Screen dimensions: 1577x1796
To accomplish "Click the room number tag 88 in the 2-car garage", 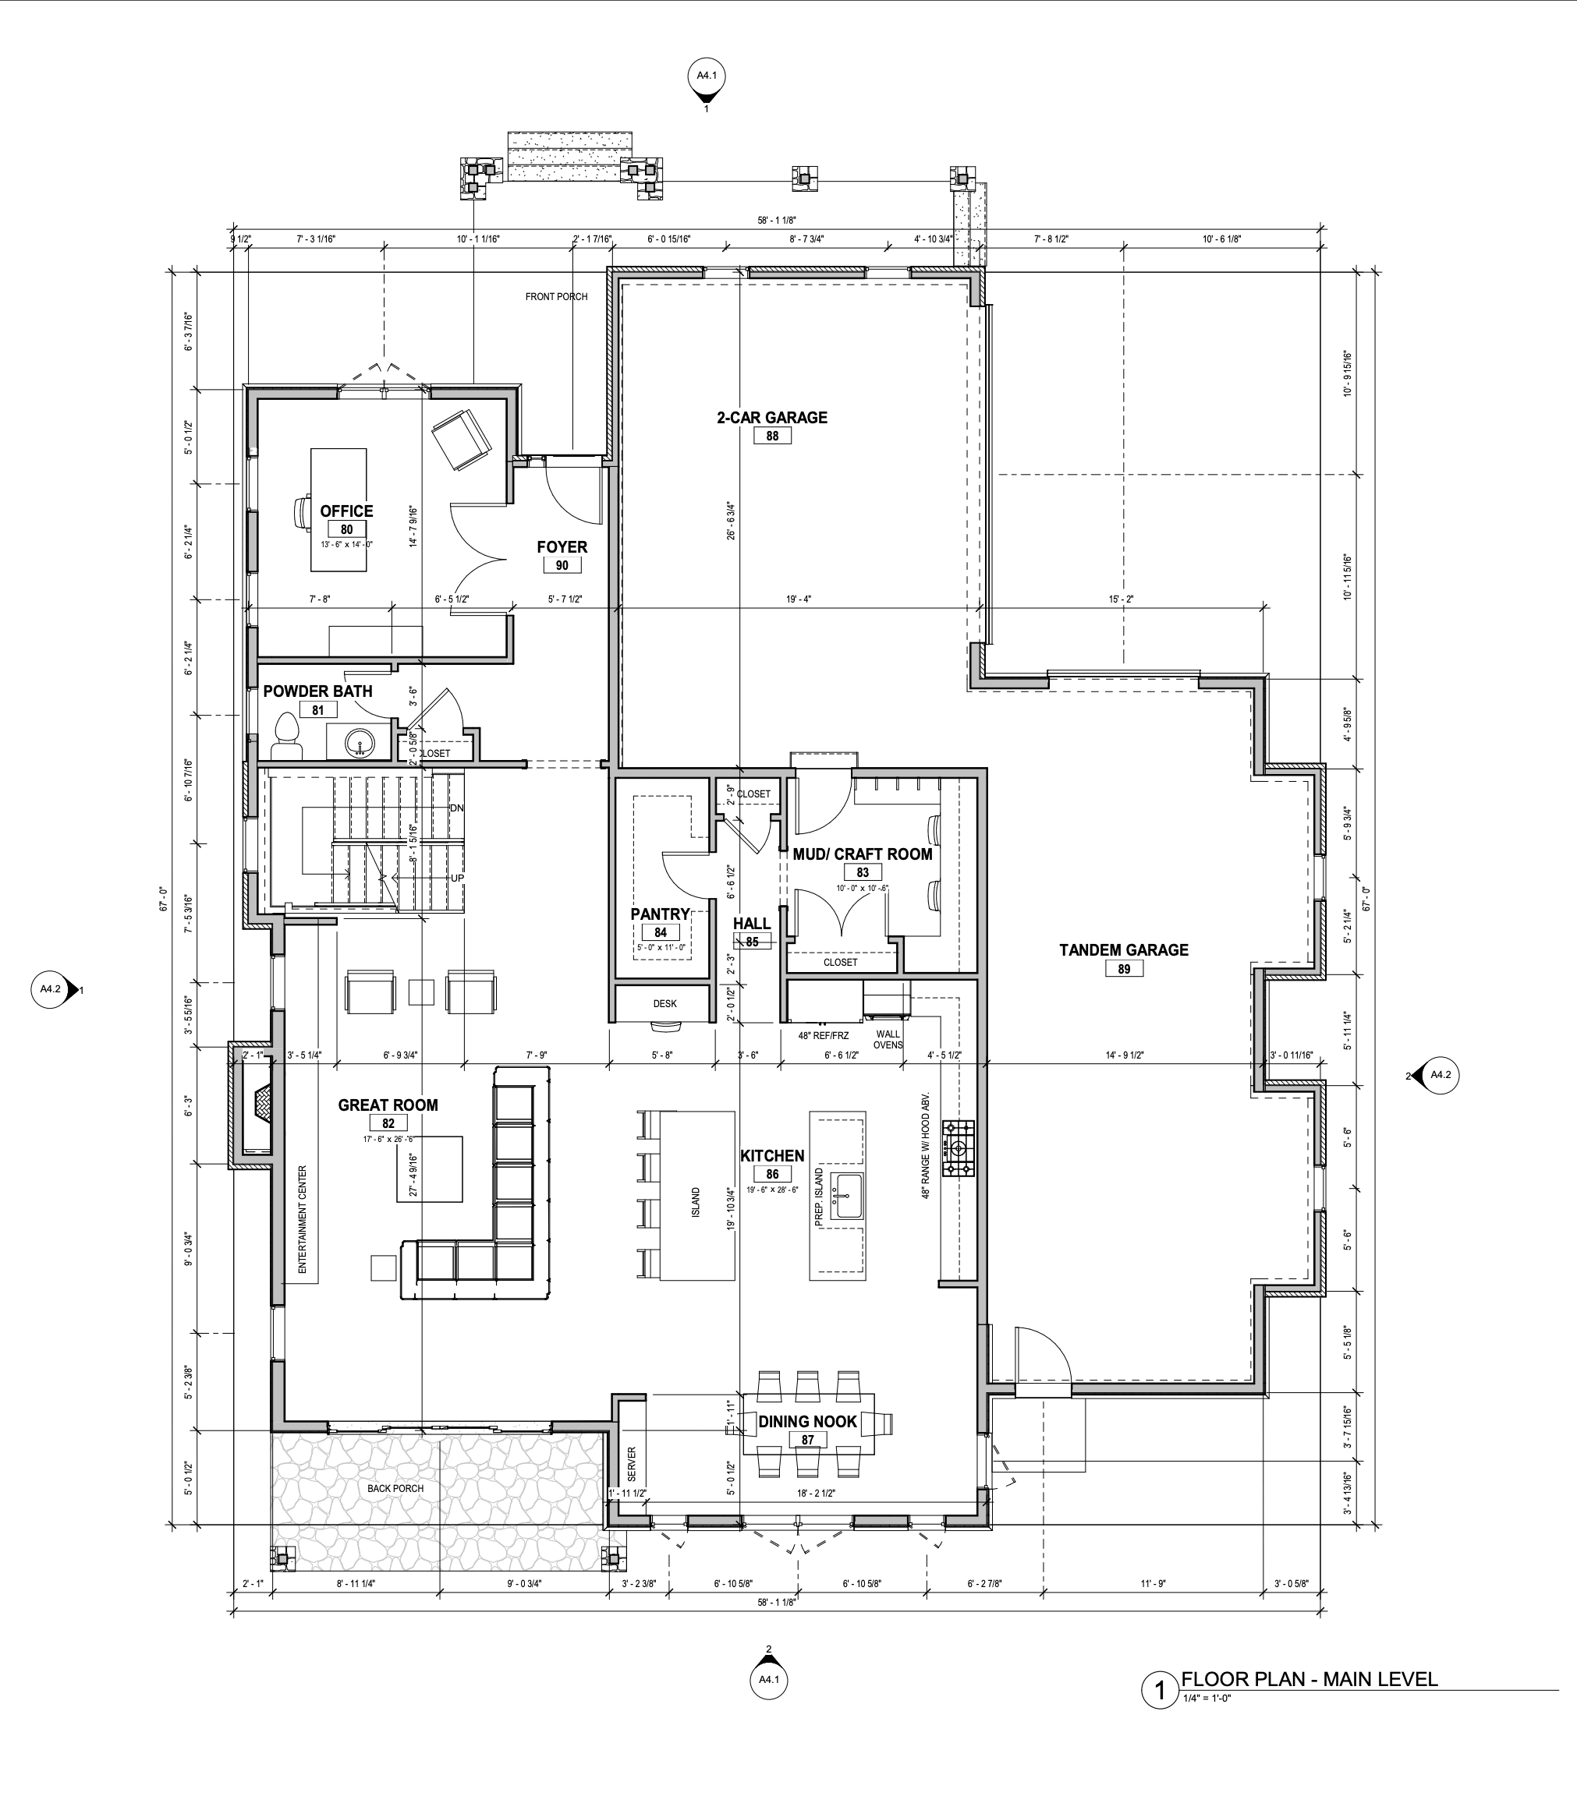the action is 772,436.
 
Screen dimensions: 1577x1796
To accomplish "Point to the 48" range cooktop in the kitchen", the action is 959,1147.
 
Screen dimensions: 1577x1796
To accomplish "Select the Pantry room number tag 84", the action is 660,932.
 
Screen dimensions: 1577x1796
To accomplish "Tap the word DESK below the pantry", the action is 664,1002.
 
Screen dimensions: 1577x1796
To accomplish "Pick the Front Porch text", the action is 556,296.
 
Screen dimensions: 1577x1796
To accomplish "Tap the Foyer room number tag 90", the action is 562,566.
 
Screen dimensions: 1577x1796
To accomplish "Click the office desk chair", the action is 303,513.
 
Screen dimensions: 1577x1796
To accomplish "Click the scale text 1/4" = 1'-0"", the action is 1206,1698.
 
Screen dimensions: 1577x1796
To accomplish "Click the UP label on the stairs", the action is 457,878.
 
